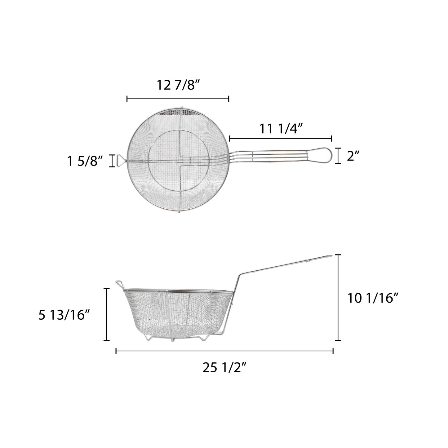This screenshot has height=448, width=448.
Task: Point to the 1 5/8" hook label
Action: [85, 161]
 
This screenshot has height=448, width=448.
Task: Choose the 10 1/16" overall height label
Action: [373, 298]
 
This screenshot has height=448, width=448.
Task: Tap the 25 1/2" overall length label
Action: [224, 368]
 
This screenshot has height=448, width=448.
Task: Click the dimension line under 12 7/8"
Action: [178, 99]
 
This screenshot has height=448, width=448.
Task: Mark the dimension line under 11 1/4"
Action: [281, 139]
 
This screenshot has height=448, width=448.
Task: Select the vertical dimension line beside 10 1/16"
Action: [339, 298]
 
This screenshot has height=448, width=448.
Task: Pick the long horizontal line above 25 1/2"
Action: [224, 351]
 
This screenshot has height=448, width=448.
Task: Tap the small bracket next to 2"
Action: [339, 156]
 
